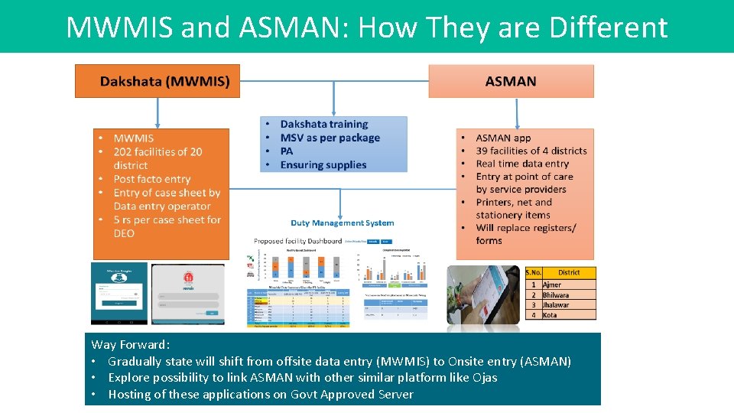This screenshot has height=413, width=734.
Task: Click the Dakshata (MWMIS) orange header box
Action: [157, 81]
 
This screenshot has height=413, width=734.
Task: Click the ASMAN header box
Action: [511, 81]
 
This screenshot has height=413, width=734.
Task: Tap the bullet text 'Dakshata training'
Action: [323, 124]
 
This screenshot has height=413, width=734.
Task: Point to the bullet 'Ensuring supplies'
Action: [323, 164]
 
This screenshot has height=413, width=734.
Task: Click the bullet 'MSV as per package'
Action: [330, 138]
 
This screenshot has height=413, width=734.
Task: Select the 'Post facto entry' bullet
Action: [151, 179]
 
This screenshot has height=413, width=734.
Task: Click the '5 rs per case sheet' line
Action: [167, 220]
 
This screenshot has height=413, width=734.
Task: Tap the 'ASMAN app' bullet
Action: [502, 138]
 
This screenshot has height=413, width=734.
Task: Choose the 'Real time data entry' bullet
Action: [522, 164]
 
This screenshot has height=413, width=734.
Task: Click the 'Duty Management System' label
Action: [342, 223]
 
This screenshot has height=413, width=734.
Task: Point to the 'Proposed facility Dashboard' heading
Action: [298, 241]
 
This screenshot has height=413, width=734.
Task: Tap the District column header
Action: [569, 272]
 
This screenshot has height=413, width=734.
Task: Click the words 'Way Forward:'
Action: [131, 345]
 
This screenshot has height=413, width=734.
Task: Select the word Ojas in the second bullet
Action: [484, 378]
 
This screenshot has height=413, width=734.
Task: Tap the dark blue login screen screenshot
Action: [119, 294]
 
